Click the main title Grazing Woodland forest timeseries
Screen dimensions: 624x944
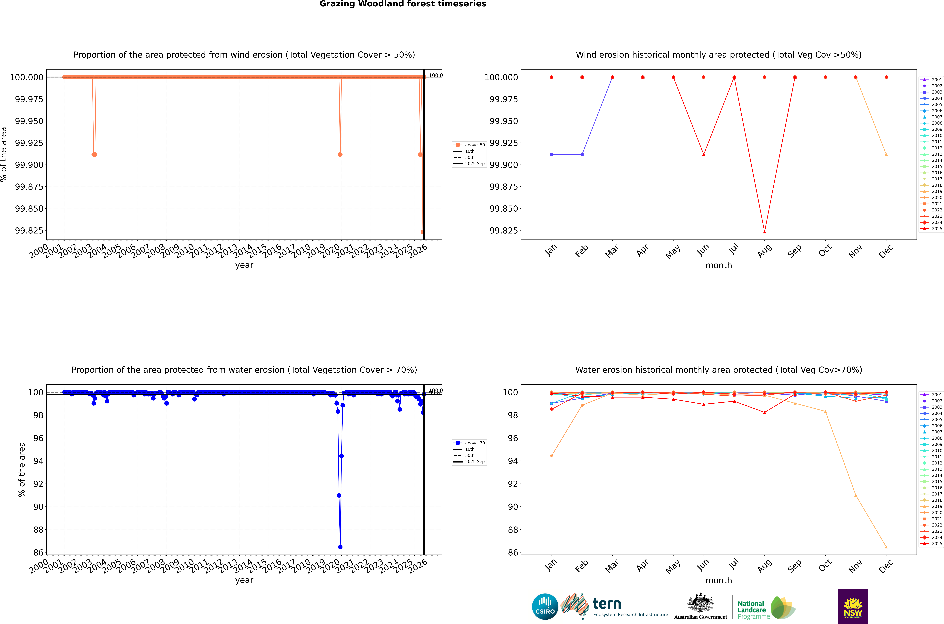pos(403,4)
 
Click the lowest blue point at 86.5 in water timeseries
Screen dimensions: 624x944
pos(340,547)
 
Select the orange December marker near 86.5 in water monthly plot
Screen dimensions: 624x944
pos(886,547)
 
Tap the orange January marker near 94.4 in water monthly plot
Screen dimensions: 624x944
pos(551,456)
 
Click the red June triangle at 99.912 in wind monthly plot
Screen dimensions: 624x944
pos(704,154)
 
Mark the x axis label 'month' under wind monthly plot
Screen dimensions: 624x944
pos(718,265)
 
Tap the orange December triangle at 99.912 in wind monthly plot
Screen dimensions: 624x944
pos(886,154)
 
